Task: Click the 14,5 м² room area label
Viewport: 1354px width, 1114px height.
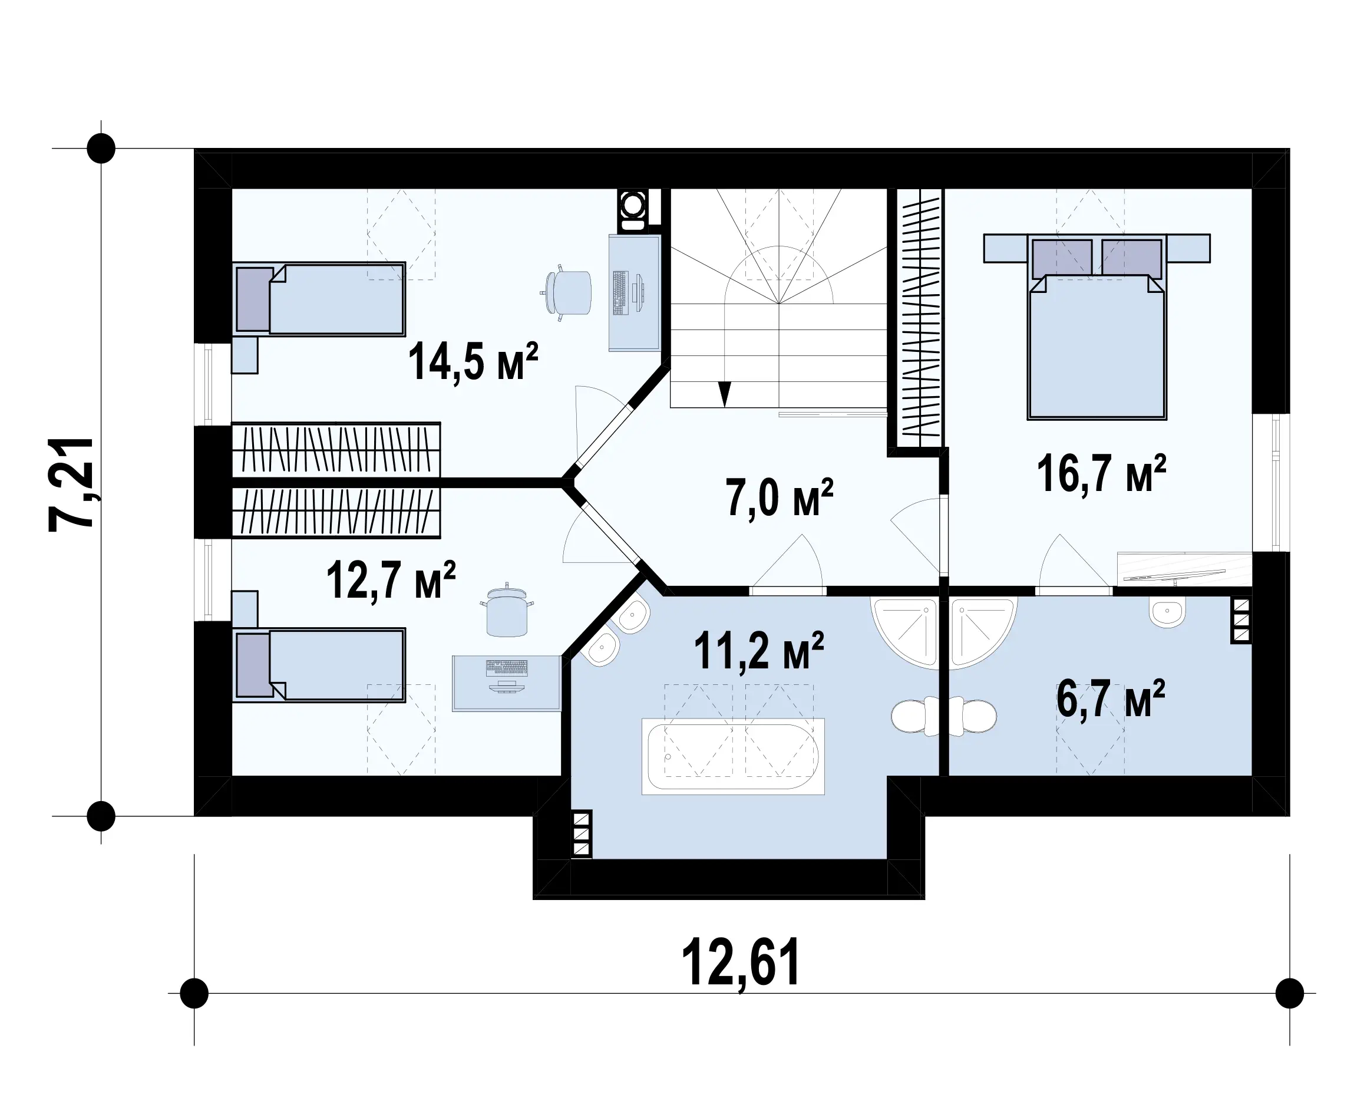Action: coord(473,361)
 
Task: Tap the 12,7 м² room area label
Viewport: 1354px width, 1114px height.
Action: coord(391,579)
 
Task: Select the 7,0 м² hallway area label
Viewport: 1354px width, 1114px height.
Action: coord(780,497)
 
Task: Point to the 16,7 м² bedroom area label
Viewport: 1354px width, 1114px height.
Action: coord(1101,473)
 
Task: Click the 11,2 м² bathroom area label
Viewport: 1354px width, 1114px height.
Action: coord(759,650)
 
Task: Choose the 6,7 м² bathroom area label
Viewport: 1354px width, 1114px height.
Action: coord(1110,699)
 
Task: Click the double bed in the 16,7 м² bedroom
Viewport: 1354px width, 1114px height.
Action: coord(1097,327)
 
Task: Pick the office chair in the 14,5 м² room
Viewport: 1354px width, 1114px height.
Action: coord(566,292)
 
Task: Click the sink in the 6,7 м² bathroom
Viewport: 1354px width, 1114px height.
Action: coord(1167,612)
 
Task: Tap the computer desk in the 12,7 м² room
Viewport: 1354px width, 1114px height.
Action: coord(507,683)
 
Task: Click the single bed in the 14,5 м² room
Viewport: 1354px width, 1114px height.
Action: coord(319,299)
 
